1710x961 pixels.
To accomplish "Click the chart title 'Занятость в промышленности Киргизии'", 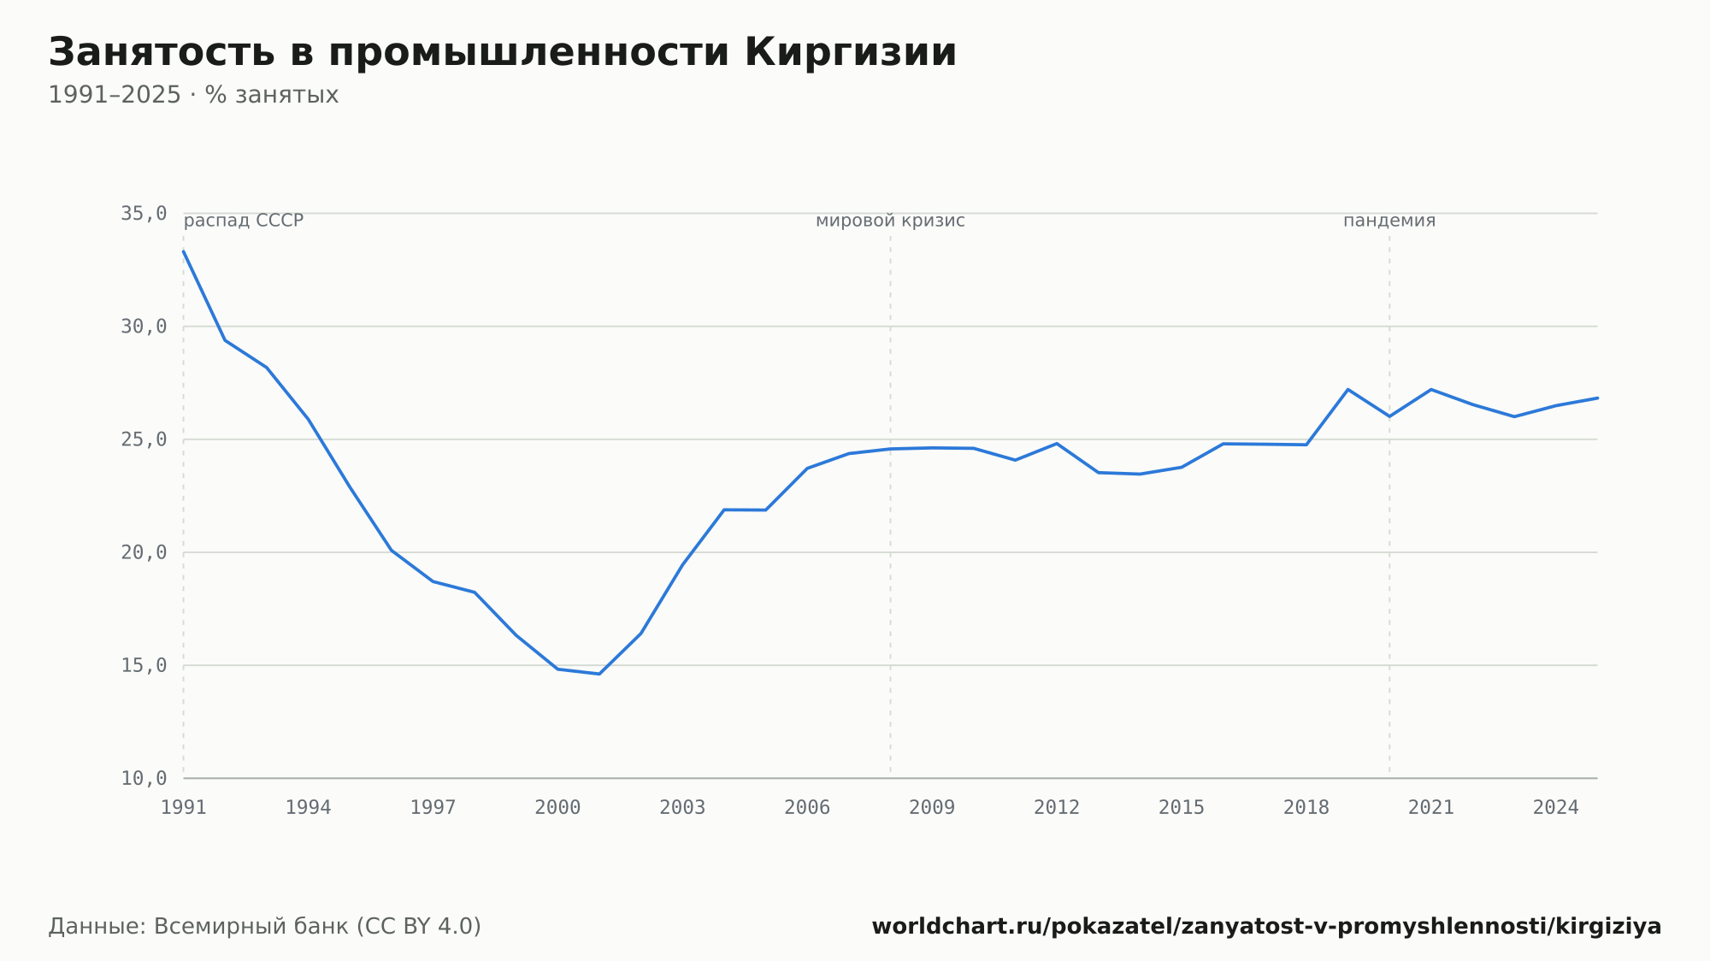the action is (x=503, y=53).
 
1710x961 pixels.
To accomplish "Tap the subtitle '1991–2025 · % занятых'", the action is (x=193, y=95).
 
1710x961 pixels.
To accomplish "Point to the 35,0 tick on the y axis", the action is (x=144, y=214).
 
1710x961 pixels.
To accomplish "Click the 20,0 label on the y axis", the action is (x=144, y=552).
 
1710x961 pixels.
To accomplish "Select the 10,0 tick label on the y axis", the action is (x=144, y=778).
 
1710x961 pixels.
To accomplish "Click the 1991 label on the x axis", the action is (x=184, y=808).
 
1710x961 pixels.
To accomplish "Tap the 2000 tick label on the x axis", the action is (x=557, y=808).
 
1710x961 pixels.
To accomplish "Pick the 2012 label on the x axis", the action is (x=1057, y=808).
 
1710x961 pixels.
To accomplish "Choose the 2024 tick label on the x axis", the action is (x=1556, y=808).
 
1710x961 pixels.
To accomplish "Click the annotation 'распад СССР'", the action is (x=244, y=221).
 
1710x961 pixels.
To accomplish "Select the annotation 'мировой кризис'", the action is (x=890, y=221).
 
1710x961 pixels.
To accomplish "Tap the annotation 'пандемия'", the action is (x=1389, y=221).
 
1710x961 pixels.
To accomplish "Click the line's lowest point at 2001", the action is (x=599, y=674).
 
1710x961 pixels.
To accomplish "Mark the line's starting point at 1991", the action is (x=184, y=251).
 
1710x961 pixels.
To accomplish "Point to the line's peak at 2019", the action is (x=1347, y=389).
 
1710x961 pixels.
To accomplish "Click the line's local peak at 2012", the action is (x=1057, y=444).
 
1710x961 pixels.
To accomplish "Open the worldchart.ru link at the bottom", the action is (x=1266, y=927).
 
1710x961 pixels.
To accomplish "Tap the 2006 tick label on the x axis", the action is (x=807, y=808).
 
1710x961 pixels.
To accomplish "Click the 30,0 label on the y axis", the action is (x=144, y=327).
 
